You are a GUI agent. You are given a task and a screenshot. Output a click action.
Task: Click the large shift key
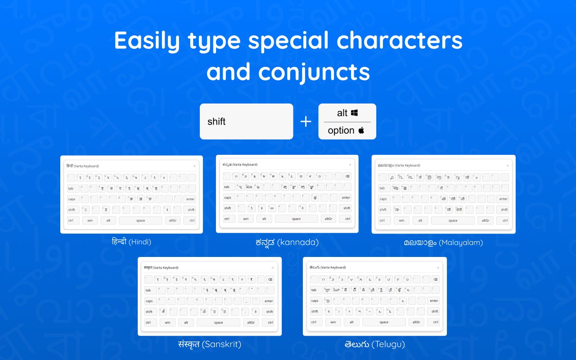[x=246, y=121]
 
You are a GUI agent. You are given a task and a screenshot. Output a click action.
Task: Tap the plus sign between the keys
[x=306, y=121]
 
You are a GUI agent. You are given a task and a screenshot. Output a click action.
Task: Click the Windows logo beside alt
[x=355, y=112]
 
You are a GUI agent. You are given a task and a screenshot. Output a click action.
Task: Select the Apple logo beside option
[x=361, y=130]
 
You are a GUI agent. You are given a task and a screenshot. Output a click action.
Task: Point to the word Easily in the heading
[x=146, y=40]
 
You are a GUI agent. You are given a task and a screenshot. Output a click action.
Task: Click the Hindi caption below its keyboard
[x=131, y=242]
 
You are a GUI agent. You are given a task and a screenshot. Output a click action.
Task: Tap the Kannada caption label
[x=287, y=243]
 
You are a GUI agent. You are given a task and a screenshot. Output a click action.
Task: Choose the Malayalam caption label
[x=443, y=243]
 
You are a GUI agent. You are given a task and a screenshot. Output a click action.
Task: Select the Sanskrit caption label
[x=210, y=344]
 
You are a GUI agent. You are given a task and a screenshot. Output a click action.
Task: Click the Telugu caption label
[x=375, y=344]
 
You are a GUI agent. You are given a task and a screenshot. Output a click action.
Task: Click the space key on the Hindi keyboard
[x=140, y=220]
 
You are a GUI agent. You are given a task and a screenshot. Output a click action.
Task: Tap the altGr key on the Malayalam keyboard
[x=486, y=220]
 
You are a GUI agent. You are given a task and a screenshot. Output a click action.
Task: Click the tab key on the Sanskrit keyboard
[x=148, y=290]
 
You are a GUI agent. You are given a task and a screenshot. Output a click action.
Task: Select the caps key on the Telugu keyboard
[x=315, y=301]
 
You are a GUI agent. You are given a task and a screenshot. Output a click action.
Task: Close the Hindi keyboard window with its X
[x=194, y=166]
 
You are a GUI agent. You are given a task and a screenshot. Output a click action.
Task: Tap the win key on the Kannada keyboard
[x=245, y=219]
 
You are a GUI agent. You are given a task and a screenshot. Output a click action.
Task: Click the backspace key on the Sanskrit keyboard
[x=270, y=279]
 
